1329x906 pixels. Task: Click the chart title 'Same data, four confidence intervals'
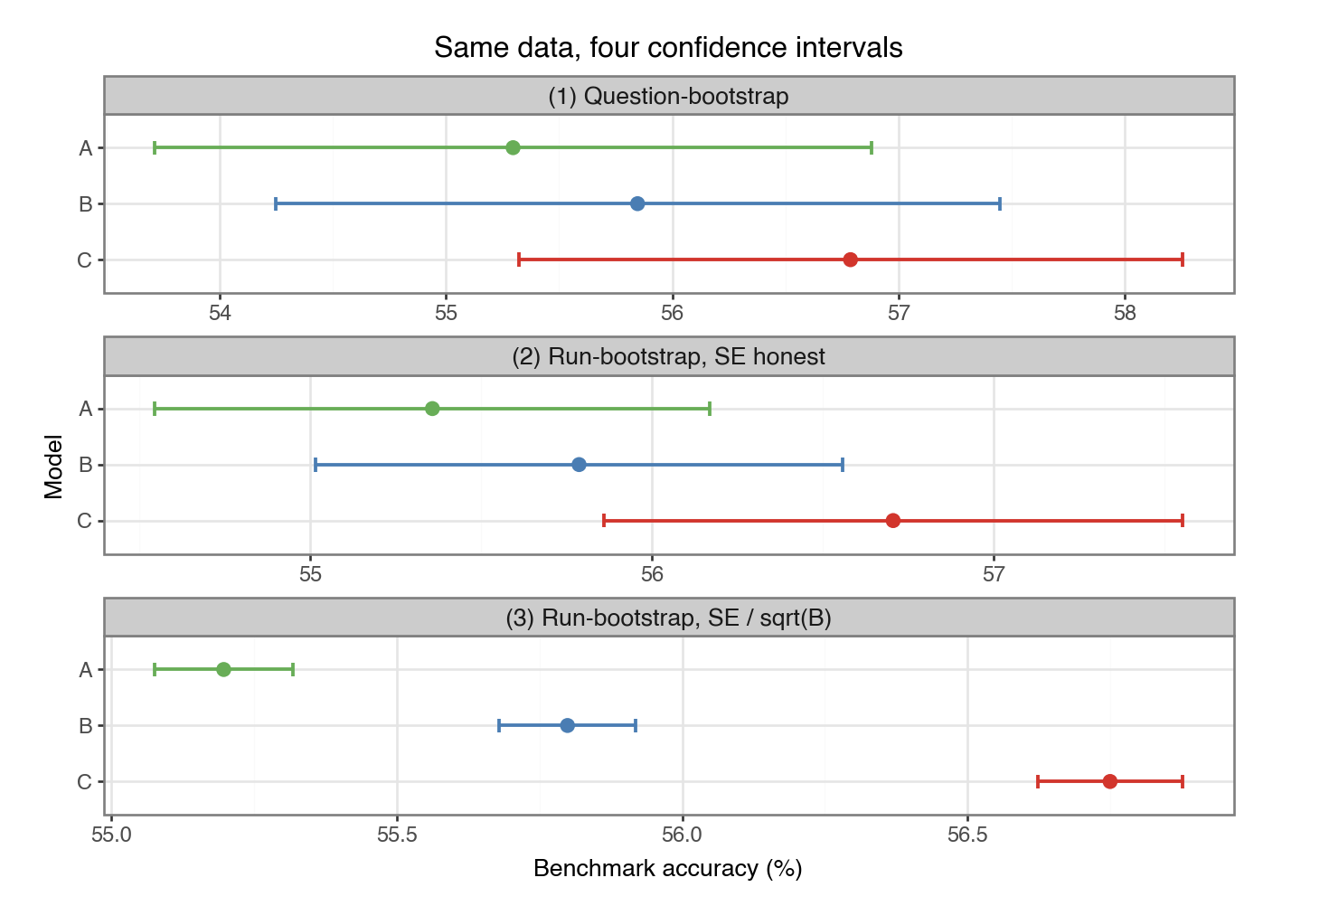point(669,47)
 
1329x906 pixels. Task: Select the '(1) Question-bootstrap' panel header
point(669,96)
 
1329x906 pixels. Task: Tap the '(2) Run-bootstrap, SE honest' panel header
point(669,356)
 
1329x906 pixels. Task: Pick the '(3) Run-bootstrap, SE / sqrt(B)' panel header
point(669,618)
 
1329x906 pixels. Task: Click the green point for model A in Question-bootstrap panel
point(514,147)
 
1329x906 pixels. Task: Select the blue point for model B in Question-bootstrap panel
point(637,204)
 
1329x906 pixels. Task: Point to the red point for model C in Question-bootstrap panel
point(850,260)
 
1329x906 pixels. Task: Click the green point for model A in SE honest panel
point(432,409)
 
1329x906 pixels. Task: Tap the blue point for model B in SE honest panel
point(579,465)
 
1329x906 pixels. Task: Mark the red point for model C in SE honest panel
point(893,521)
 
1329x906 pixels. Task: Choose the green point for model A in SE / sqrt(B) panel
point(223,670)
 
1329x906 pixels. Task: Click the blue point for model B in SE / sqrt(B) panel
point(567,726)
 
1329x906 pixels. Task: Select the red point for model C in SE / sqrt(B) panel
point(1110,782)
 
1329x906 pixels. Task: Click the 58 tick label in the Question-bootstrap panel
point(1125,313)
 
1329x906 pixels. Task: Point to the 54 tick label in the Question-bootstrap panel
point(220,313)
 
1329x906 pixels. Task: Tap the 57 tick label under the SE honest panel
point(994,574)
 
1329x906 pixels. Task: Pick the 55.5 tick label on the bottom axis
point(398,835)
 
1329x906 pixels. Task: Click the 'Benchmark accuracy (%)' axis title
point(668,869)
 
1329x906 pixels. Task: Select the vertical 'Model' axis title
point(53,467)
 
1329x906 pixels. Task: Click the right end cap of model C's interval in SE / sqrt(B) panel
point(1183,782)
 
